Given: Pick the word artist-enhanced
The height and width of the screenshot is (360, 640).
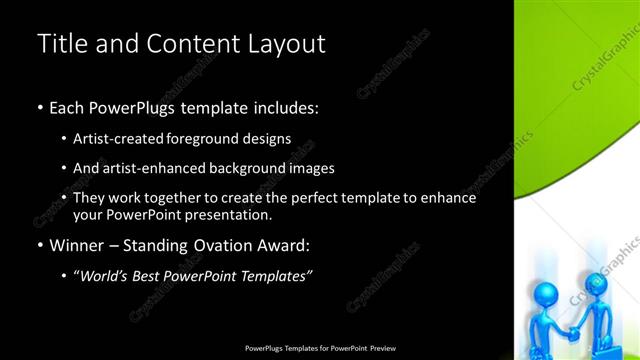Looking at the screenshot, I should pos(151,168).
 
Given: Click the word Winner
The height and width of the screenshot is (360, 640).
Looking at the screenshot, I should pos(77,245).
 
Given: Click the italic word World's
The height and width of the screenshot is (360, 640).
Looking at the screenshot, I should pos(106,276).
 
